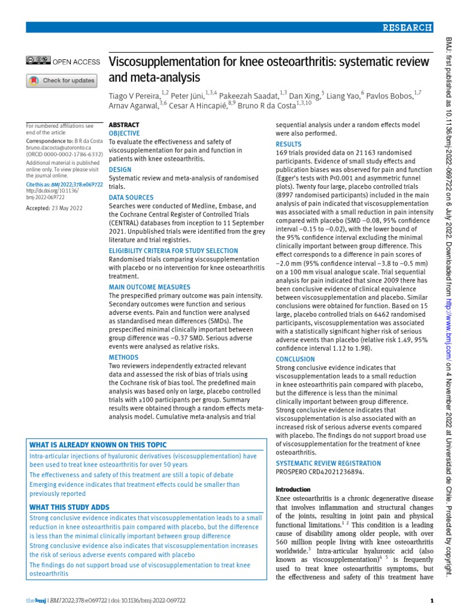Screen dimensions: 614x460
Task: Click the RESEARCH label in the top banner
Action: (408, 27)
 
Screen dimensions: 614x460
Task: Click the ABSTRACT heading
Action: (124, 125)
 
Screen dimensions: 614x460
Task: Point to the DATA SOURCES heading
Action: (131, 197)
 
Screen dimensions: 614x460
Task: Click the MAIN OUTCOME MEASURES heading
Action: (150, 287)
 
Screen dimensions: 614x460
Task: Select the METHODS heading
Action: (123, 357)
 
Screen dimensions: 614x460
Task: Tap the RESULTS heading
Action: (289, 145)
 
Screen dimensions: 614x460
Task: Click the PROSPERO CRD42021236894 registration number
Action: (319, 472)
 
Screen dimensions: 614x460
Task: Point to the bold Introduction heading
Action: (292, 490)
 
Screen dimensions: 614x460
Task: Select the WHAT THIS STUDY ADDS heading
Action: (69, 507)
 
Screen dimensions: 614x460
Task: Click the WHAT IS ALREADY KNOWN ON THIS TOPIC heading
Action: (98, 445)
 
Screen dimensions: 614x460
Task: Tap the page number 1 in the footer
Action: (432, 600)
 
